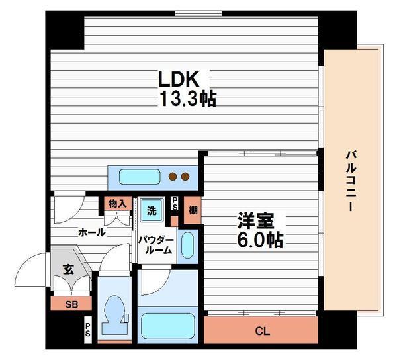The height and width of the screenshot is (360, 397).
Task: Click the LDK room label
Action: point(178,79)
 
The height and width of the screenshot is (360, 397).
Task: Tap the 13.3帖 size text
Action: point(188,99)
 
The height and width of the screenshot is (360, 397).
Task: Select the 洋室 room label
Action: point(255,221)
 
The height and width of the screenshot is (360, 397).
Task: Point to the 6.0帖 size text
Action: point(260,240)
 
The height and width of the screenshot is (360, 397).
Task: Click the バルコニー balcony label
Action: point(351,181)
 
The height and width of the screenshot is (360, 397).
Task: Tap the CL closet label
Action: point(263,331)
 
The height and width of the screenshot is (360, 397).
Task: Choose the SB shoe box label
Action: point(71,304)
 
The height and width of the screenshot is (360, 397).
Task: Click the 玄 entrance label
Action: point(68,269)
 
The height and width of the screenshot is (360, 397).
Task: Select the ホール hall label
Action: point(92,232)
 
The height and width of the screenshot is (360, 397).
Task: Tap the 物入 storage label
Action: point(118,204)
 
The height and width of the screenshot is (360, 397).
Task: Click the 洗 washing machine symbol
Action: point(152,210)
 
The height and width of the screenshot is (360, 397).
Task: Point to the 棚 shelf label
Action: point(193,210)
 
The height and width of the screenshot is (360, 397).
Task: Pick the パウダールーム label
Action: point(156,246)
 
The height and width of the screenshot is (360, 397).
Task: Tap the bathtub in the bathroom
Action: point(167,326)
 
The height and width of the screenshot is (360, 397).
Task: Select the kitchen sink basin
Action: point(140,177)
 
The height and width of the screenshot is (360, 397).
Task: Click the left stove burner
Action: point(173,177)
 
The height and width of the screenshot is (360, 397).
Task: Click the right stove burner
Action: point(185,177)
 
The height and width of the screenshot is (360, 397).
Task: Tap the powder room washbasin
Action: point(188,245)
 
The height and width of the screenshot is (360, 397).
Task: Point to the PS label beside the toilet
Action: point(87,330)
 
